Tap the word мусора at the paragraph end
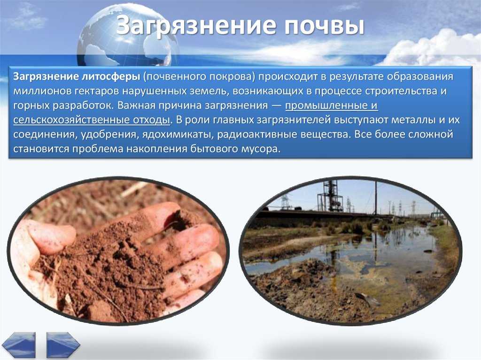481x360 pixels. pos(263,149)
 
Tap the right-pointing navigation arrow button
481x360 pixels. pos(63,345)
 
